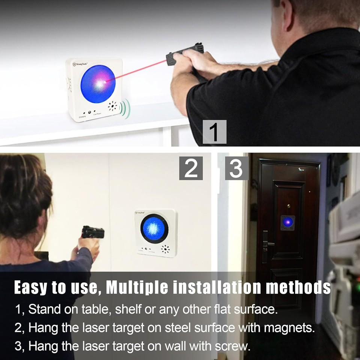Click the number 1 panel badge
coord(214,132)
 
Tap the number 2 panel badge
coord(191,168)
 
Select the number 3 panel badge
coord(236,168)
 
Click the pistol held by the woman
coord(93,232)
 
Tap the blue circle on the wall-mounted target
coord(154,228)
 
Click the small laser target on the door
coord(288,223)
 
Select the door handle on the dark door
coord(267,244)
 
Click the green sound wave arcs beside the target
coord(125,109)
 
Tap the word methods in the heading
coord(298,288)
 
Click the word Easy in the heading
coord(30,288)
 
